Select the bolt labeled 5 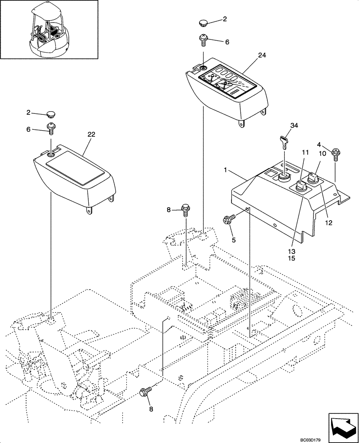click(x=230, y=218)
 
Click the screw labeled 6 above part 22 click(x=52, y=129)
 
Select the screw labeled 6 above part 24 click(x=203, y=40)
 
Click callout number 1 click(x=226, y=170)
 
